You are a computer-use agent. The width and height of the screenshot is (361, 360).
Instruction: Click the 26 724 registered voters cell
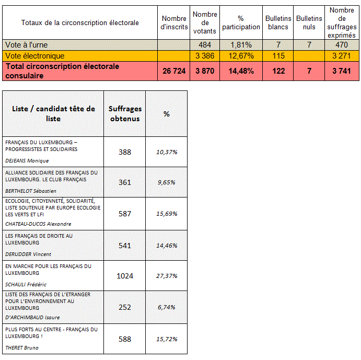click(x=174, y=71)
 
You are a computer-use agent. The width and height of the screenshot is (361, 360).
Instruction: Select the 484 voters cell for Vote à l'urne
click(x=205, y=45)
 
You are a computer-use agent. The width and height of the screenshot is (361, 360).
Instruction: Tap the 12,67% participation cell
click(x=241, y=55)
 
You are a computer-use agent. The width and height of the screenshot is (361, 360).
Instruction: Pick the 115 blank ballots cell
click(x=278, y=55)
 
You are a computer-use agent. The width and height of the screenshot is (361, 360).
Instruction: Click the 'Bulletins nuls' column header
click(x=309, y=22)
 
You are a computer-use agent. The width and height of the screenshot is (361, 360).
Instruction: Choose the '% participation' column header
click(x=241, y=22)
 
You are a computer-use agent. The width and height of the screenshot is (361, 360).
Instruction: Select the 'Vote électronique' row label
click(x=34, y=55)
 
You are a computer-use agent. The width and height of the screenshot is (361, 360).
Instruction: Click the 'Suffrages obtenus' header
click(x=124, y=114)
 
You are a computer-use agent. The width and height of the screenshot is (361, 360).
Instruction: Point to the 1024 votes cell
click(x=124, y=275)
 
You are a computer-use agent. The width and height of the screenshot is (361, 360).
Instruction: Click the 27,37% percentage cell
click(x=167, y=275)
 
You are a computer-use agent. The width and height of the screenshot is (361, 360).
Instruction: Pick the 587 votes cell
click(x=124, y=214)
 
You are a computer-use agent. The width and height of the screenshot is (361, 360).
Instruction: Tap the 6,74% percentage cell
click(x=167, y=307)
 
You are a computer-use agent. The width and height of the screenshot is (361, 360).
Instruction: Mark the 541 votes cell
click(x=124, y=245)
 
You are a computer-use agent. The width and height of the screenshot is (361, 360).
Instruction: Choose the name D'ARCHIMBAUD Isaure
click(x=32, y=317)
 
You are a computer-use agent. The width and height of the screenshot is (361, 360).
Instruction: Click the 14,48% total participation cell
click(x=241, y=71)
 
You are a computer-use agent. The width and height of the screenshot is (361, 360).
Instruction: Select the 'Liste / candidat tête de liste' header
click(x=53, y=114)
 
